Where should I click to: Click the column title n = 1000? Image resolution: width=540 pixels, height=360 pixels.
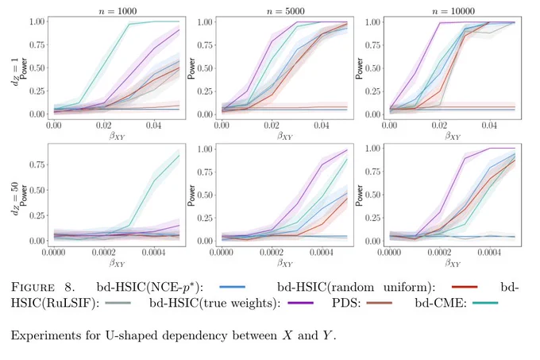118,11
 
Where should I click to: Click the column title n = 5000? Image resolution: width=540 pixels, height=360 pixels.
286,11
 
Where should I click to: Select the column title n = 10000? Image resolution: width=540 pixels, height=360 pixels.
453,11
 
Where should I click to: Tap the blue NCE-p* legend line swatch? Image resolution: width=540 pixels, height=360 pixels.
232,287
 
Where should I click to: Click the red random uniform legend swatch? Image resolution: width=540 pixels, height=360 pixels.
465,287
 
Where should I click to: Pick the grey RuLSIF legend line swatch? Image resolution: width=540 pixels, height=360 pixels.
118,303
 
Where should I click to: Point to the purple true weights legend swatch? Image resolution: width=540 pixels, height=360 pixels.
301,303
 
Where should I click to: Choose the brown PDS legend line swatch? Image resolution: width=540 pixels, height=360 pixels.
379,303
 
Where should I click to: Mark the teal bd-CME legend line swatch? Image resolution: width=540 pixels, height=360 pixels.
485,303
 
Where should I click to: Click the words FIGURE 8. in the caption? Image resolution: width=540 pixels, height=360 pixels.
43,287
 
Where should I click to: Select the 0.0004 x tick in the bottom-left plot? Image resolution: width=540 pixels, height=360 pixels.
153,253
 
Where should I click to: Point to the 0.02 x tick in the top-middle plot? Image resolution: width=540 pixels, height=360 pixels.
272,125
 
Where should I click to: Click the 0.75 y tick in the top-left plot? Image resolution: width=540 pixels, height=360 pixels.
37,45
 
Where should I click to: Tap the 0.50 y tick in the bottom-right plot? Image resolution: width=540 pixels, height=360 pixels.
373,195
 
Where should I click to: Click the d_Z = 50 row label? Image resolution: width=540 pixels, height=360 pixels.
15,198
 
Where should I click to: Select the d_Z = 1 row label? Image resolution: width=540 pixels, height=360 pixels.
15,72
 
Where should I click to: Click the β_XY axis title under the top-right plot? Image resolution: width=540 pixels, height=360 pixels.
453,136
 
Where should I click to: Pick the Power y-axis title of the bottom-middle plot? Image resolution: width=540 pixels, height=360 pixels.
191,195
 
